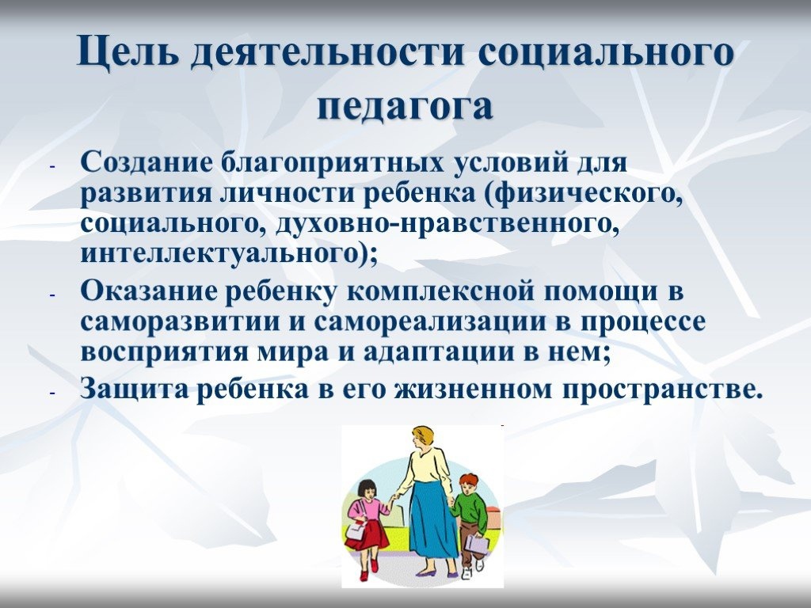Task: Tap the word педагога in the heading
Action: pos(405,107)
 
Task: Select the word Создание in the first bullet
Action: pos(147,162)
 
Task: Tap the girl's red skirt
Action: pos(367,534)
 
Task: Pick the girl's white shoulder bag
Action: pos(355,528)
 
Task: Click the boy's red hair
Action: pos(469,479)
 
